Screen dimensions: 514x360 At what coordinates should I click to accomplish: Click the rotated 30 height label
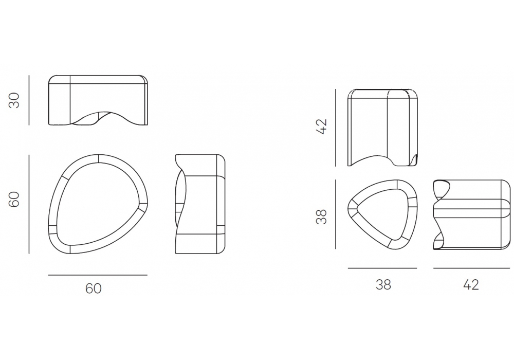pyautogui.click(x=14, y=100)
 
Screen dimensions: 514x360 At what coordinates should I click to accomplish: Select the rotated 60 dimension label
pyautogui.click(x=14, y=200)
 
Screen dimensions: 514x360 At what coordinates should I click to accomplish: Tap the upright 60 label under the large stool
pyautogui.click(x=94, y=289)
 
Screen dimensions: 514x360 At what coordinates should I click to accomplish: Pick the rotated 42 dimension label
pyautogui.click(x=322, y=127)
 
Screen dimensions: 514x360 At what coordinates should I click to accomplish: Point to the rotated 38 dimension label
pyautogui.click(x=322, y=217)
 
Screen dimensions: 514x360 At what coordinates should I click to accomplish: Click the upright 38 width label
pyautogui.click(x=383, y=285)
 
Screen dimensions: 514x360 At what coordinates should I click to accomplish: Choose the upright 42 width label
pyautogui.click(x=471, y=285)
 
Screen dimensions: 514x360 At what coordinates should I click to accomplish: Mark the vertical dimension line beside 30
pyautogui.click(x=29, y=100)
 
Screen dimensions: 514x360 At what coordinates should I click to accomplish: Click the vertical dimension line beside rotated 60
pyautogui.click(x=29, y=204)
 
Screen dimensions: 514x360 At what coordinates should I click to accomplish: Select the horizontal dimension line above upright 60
pyautogui.click(x=98, y=275)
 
